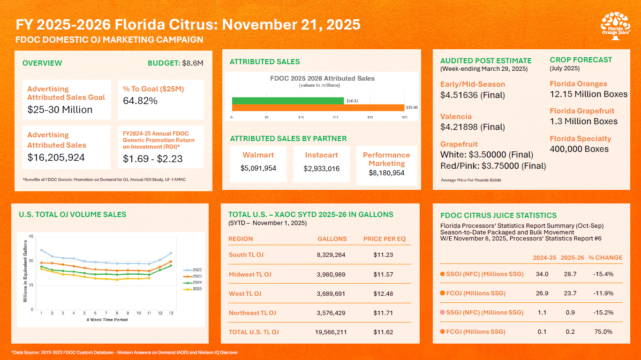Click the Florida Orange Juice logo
click(x=616, y=26)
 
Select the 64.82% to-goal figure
click(x=140, y=101)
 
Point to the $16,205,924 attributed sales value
click(x=56, y=157)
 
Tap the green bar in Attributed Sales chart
click(x=288, y=101)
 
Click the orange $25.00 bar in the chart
click(x=318, y=108)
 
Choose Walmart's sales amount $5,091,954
click(x=258, y=168)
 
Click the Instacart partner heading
click(x=321, y=155)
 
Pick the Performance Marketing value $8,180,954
click(x=386, y=173)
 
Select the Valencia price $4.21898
click(x=472, y=127)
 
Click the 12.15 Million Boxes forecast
click(x=588, y=94)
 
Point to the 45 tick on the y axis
click(x=31, y=236)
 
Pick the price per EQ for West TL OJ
click(x=384, y=293)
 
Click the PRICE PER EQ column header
click(x=384, y=239)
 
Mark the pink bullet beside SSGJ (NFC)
click(x=442, y=313)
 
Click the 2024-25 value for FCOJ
click(x=542, y=293)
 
